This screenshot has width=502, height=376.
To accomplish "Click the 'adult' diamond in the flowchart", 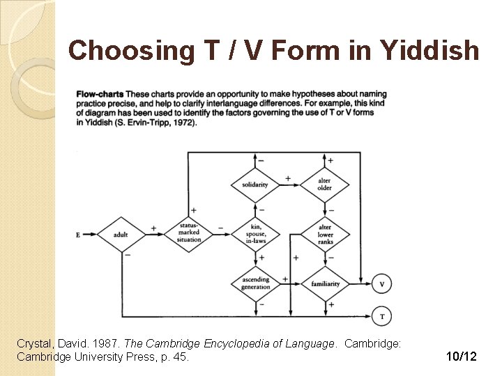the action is pos(121,235).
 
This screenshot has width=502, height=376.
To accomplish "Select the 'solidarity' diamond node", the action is pos(255,185).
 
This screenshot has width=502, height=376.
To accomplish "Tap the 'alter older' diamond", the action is pos(324,185).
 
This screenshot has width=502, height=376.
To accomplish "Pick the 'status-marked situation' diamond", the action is pos(188,235).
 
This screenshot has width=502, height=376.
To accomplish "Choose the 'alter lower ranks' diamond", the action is pos(325,235).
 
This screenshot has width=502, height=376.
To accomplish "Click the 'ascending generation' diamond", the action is pos(255,283).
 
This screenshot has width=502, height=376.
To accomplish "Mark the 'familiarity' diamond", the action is pos(325,283).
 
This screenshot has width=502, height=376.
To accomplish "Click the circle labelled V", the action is pos(381,284).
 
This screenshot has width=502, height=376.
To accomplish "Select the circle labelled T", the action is pos(381,316).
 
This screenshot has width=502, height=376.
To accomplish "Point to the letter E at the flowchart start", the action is pos(78,235).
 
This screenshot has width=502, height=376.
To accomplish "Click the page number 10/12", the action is pos(462,357).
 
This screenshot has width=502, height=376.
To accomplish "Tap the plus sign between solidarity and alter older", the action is pos(288,179).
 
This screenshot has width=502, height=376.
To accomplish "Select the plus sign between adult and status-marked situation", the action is pos(153,228).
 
